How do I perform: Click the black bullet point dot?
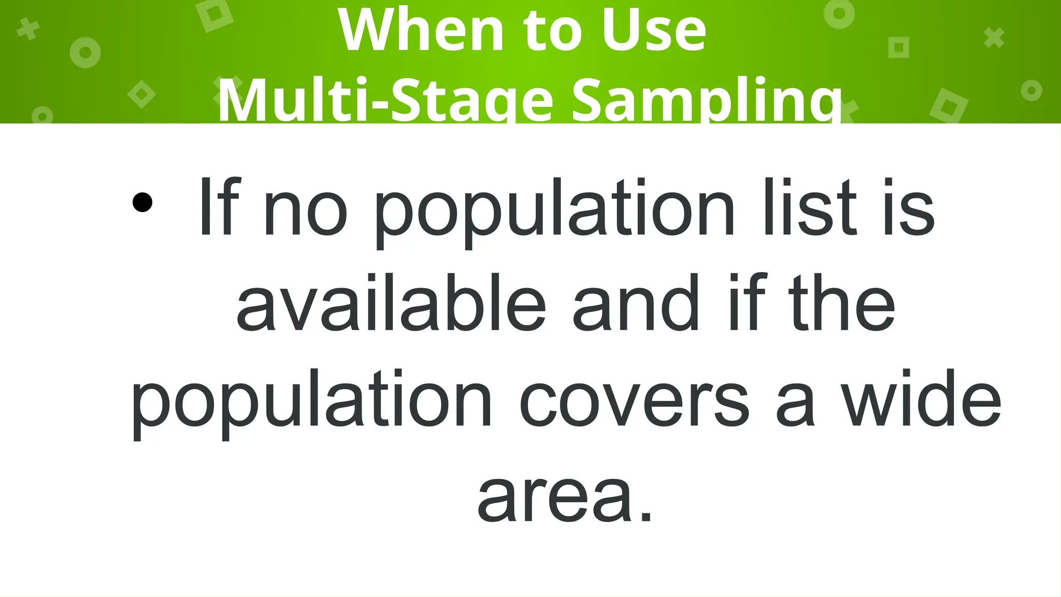tap(142, 202)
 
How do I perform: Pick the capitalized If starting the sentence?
tap(220, 207)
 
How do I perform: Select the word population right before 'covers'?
tap(311, 402)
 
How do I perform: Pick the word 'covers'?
tap(634, 403)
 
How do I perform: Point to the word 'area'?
tap(554, 497)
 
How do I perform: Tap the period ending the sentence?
tap(646, 515)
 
